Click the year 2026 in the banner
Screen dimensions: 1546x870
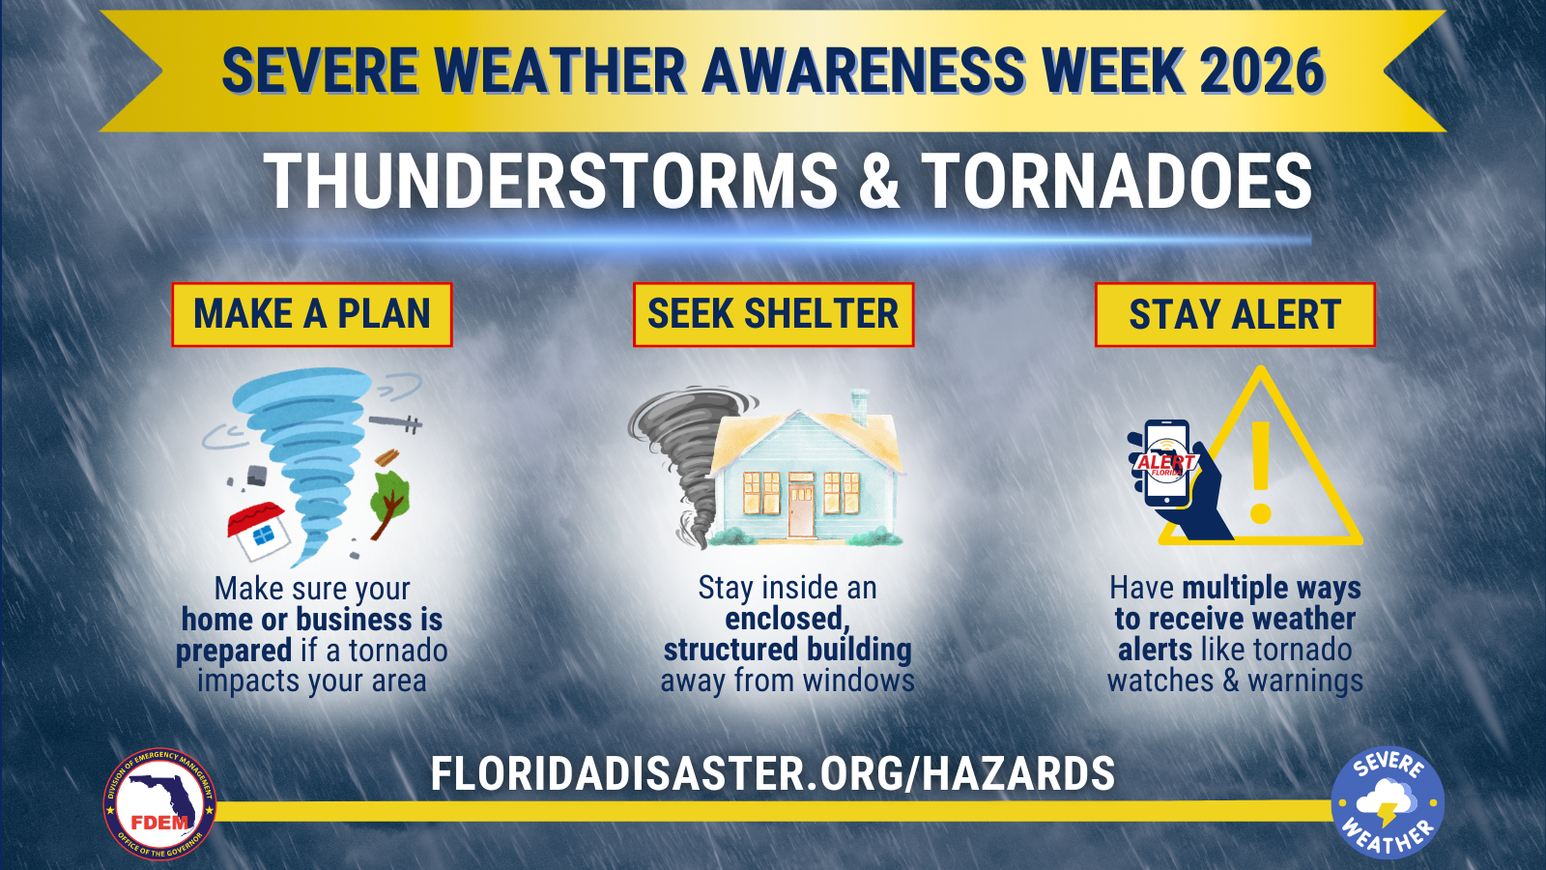1261,71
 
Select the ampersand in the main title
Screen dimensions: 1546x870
879,181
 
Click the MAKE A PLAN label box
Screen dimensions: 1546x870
312,314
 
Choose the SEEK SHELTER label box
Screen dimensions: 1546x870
774,314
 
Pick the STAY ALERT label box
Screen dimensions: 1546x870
1236,314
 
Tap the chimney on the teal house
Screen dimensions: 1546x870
859,407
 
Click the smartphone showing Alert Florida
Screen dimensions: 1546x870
1166,462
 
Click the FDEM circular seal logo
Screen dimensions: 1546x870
159,803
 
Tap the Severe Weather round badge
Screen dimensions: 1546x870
1388,803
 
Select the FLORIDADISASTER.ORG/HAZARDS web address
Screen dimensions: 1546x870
773,772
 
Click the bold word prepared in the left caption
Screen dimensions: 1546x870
233,652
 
